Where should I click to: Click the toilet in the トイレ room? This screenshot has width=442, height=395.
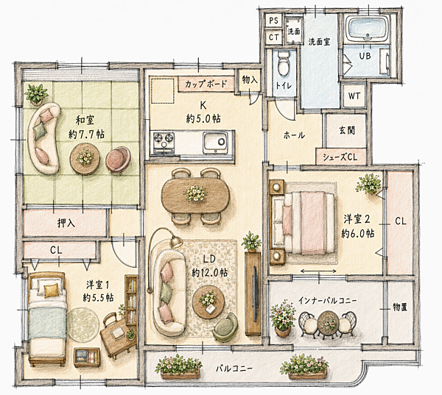tap(283, 64)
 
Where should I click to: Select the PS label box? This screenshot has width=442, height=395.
tap(273, 21)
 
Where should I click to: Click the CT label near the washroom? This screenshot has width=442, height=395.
tap(274, 37)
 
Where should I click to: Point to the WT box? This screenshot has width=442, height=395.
tap(354, 96)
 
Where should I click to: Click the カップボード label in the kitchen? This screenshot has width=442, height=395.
tap(206, 84)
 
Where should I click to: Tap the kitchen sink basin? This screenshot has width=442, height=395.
tap(215, 142)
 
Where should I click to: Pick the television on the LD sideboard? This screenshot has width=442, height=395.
tap(256, 293)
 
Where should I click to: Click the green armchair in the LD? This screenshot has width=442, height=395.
tap(225, 327)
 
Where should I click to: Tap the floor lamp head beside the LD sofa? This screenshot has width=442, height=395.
tap(175, 242)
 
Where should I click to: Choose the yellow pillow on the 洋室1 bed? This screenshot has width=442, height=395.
tap(52, 291)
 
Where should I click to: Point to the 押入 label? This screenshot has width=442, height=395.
tap(66, 223)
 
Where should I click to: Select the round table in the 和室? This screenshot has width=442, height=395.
tap(85, 159)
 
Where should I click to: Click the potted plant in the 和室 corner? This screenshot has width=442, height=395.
tap(37, 94)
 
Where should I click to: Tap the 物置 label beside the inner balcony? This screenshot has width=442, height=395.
tap(400, 307)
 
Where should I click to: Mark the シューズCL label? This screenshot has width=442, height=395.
tap(340, 157)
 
